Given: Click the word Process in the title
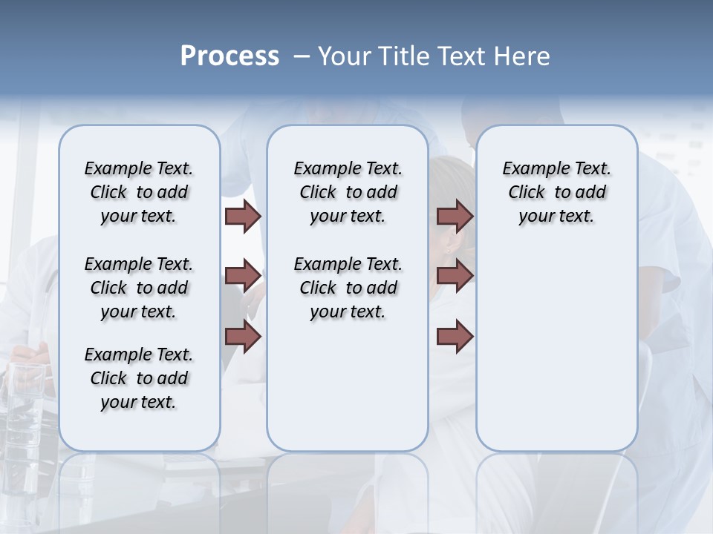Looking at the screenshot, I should click(229, 56).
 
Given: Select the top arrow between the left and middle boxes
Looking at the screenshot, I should click(242, 216).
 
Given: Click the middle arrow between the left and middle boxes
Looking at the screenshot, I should click(242, 276).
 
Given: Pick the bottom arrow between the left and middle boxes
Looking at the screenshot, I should click(242, 336).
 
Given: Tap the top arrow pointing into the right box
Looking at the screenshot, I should click(455, 216).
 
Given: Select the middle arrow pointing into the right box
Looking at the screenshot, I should click(455, 276).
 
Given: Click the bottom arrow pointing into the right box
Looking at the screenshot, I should click(455, 336).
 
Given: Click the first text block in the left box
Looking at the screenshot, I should click(139, 192).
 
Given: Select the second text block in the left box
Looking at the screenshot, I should click(139, 288).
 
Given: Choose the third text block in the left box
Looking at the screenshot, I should click(139, 378).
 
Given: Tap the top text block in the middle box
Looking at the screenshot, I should click(348, 192).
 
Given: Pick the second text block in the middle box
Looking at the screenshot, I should click(348, 288).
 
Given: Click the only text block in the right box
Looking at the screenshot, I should click(556, 192).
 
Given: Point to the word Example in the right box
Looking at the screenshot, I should click(530, 169).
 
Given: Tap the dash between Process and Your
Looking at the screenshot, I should click(302, 56).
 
